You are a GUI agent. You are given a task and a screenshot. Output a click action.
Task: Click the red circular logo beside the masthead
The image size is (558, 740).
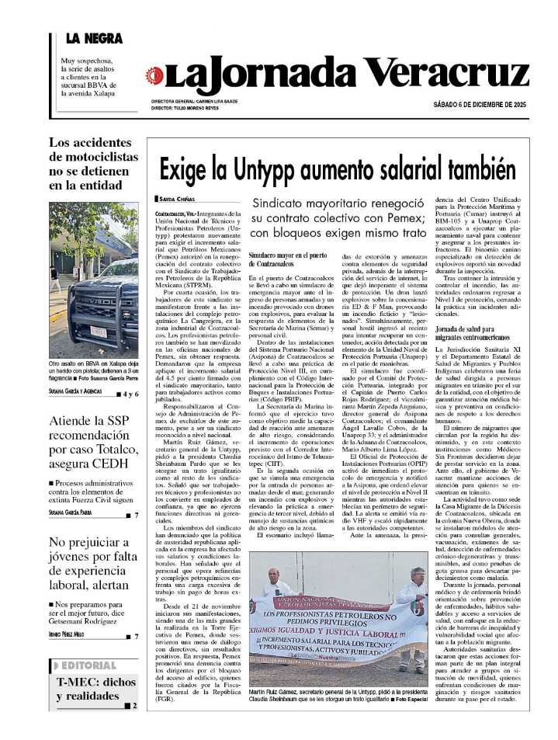(154, 75)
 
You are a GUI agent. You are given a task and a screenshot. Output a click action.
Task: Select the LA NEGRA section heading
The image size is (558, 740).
(93, 38)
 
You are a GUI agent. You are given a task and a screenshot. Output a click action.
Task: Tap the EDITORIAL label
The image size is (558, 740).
(88, 665)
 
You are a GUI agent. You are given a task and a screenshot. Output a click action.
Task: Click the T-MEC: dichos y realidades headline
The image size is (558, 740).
(95, 689)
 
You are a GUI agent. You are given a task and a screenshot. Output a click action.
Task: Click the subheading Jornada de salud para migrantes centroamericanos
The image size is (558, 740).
(473, 333)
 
